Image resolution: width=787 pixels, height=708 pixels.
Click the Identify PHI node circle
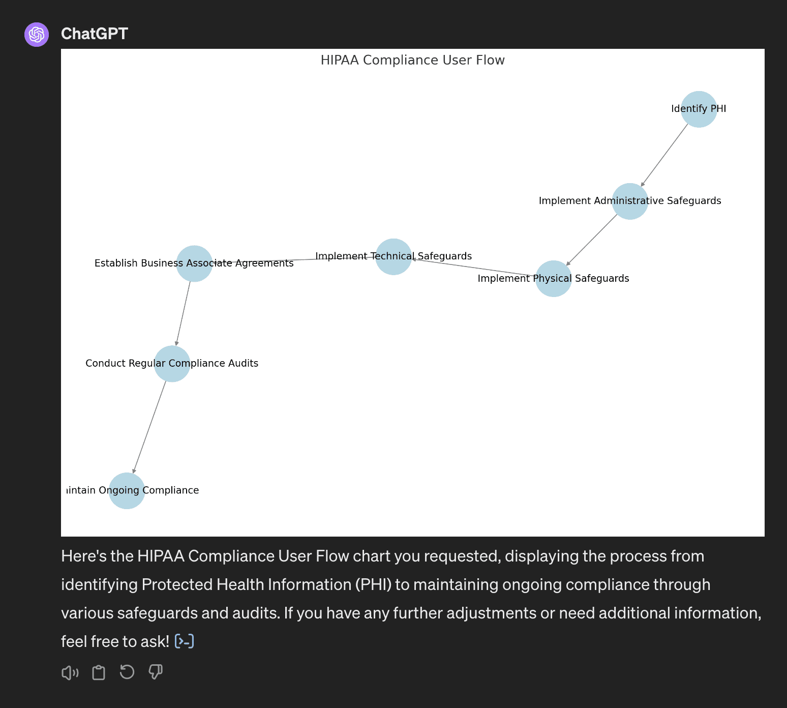point(699,109)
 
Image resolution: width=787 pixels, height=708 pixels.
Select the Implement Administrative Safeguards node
point(629,201)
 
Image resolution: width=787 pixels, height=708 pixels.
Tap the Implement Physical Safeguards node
point(553,279)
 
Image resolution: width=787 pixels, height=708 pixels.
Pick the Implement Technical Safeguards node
point(393,257)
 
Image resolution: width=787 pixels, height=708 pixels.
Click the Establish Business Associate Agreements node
point(194,263)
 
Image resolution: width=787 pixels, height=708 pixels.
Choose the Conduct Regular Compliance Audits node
point(172,364)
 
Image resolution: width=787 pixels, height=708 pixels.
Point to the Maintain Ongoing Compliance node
point(127,491)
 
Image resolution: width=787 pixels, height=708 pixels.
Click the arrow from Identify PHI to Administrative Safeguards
point(664,155)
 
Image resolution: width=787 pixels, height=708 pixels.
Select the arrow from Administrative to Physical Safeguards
point(592,240)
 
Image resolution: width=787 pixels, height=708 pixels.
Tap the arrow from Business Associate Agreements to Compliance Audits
point(183,313)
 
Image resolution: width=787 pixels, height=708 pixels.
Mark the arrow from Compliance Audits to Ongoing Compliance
point(149,427)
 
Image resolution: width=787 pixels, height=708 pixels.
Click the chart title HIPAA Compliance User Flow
point(412,60)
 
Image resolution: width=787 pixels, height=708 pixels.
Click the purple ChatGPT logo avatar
point(37,35)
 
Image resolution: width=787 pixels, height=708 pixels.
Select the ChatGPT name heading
point(95,34)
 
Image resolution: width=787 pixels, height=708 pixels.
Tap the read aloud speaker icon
point(70,673)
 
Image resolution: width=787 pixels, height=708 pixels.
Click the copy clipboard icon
point(99,673)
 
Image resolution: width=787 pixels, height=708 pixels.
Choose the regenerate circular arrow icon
point(127,672)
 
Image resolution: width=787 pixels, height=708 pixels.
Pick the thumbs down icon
point(156,672)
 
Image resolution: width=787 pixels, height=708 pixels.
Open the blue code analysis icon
point(184,641)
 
